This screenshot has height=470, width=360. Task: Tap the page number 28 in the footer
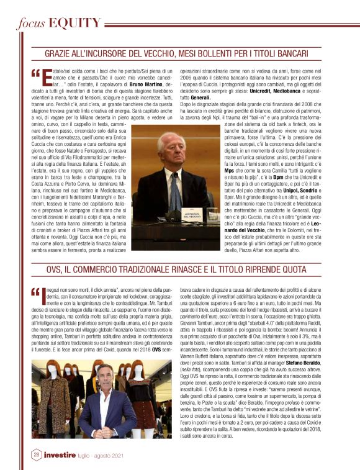[x=35, y=454]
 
